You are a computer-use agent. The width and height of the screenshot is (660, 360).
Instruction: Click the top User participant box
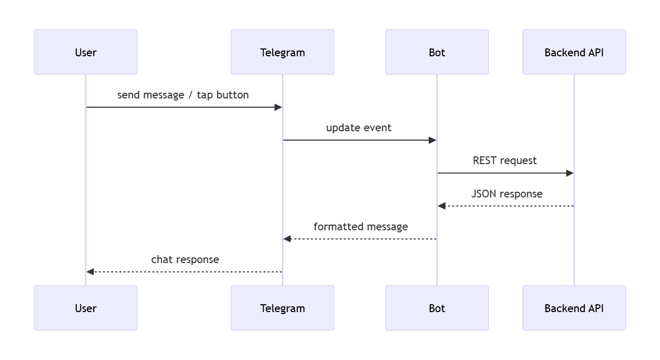click(85, 52)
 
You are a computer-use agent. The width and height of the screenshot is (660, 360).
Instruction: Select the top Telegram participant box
click(282, 52)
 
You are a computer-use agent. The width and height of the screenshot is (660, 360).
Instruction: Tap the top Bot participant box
click(437, 52)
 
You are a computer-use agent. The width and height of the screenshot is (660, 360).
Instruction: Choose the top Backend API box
click(574, 52)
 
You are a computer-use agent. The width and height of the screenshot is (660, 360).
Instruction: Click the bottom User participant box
click(85, 308)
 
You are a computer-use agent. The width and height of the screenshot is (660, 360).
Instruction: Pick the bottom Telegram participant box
click(282, 308)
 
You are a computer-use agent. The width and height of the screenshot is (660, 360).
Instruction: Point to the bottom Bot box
click(437, 308)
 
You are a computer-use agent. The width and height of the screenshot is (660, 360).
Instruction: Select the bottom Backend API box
click(574, 308)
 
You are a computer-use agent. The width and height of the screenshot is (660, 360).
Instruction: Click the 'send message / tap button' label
click(183, 95)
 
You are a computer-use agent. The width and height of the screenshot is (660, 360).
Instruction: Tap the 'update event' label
click(358, 128)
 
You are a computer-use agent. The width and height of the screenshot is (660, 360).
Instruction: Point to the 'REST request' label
click(504, 160)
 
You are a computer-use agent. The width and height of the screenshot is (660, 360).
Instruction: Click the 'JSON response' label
click(506, 194)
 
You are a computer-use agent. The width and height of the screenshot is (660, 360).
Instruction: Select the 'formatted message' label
click(360, 227)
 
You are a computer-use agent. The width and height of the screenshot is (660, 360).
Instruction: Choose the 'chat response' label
click(185, 259)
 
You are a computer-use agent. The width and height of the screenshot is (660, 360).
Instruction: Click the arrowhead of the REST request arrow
click(570, 173)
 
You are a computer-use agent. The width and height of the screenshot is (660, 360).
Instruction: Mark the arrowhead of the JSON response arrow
click(442, 206)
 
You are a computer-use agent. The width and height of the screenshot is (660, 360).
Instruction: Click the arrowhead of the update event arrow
click(432, 140)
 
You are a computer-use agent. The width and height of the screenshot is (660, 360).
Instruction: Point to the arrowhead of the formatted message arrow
click(287, 239)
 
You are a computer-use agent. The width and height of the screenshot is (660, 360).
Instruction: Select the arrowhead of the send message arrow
click(278, 107)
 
